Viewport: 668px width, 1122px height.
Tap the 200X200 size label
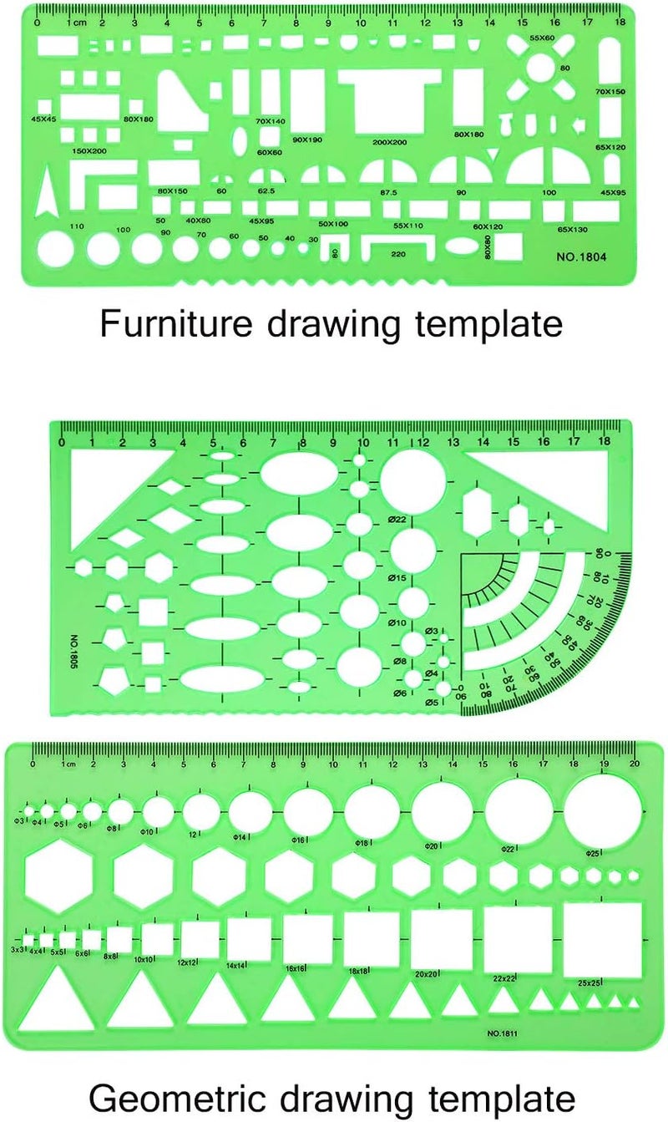[389, 142]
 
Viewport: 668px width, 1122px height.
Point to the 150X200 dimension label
[89, 150]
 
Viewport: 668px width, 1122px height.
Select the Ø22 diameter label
[397, 520]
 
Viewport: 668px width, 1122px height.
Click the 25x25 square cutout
[602, 939]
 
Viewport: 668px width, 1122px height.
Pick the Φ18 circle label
[362, 845]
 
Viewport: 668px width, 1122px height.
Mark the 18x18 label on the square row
[358, 971]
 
